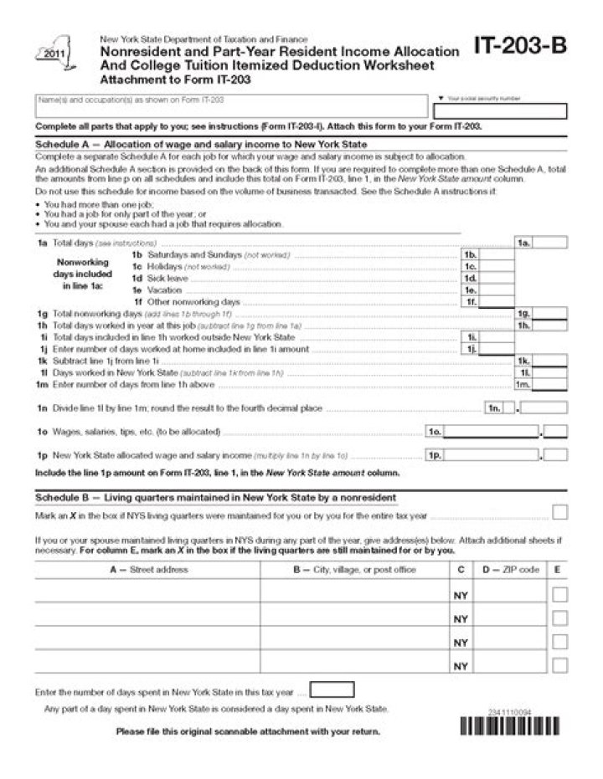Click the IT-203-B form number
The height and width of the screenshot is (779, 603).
tap(520, 48)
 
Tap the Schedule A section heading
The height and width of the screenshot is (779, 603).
tap(201, 144)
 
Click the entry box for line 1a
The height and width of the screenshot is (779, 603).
tap(550, 243)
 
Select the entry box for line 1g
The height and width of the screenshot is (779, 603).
tap(550, 313)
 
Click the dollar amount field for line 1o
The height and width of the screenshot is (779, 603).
tap(492, 432)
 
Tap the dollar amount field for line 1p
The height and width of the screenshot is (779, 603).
tap(492, 455)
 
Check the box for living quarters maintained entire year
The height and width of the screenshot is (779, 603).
tap(560, 512)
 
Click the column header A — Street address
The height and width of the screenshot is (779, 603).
tap(148, 570)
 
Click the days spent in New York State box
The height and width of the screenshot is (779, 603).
tap(332, 690)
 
